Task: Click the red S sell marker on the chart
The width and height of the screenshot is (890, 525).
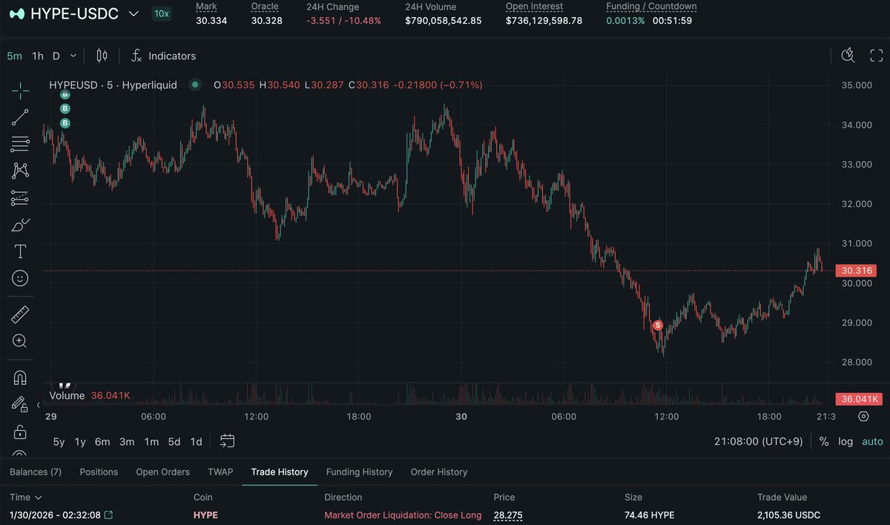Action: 657,326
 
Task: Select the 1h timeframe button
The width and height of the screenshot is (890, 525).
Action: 38,56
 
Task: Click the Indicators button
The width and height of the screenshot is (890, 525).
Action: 163,56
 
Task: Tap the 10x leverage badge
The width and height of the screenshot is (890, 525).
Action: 160,13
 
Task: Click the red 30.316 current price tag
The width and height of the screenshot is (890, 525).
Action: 855,271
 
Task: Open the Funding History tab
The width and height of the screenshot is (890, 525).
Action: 359,472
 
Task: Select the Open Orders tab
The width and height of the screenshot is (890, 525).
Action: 162,472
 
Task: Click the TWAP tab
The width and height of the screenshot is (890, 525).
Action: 220,472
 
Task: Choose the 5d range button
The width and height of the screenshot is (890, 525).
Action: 174,441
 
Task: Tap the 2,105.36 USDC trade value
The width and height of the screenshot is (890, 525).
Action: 788,515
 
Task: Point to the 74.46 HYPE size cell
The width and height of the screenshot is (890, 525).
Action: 649,515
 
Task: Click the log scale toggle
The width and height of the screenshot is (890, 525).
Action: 845,441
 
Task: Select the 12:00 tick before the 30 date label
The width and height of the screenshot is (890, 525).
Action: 257,417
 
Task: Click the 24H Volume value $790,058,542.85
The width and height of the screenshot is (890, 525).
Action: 443,20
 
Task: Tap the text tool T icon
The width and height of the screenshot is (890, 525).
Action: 20,251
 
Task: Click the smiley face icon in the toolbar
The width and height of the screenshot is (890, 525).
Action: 20,278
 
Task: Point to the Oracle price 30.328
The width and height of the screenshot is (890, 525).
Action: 266,20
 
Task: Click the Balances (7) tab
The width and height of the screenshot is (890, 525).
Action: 36,472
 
